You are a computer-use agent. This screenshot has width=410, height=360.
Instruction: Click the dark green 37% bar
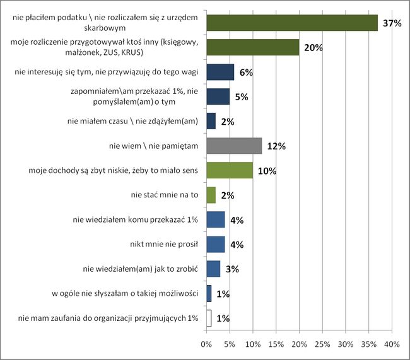291,23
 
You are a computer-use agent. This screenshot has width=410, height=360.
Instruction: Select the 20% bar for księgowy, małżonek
252,47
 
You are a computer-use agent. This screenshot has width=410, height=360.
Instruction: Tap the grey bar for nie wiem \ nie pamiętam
233,146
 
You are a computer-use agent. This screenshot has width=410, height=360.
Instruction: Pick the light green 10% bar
229,170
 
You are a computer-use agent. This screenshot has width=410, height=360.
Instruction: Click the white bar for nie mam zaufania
208,318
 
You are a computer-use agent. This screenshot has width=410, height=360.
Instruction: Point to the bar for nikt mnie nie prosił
215,244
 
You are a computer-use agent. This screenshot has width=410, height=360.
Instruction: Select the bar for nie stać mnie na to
211,195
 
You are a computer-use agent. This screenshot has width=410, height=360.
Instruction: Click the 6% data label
246,73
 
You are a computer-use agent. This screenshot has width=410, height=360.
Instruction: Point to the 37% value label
389,24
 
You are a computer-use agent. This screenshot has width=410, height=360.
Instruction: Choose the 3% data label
232,269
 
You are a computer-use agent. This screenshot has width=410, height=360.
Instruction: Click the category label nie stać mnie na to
165,195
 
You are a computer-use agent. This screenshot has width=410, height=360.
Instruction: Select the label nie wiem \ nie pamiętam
154,146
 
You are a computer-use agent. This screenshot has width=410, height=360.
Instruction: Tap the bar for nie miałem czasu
211,121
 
